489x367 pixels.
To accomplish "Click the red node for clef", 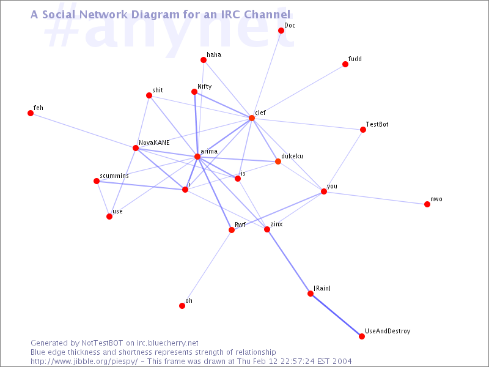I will pos(251,117).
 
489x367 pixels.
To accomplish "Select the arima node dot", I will pos(197,157).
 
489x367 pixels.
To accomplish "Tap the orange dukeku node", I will pos(278,161).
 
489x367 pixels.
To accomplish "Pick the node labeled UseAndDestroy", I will pos(361,336).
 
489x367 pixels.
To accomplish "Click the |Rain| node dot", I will pos(311,294).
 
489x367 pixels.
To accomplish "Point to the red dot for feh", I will pos(31,113).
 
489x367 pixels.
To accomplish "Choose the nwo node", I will pos(427,204).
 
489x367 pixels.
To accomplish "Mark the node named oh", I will pos(182,306).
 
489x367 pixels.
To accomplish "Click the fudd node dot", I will pos(345,64).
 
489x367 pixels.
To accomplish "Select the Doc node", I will pos(281,31).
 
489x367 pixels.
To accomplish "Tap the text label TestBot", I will pos(377,124).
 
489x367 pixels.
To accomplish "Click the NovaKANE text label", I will pos(154,143).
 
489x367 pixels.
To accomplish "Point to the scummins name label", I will pos(114,176).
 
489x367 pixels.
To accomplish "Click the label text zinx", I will pos(276,224).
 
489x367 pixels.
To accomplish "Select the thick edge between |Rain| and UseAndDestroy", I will pos(336,315).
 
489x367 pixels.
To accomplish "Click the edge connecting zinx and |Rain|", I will pos(289,261).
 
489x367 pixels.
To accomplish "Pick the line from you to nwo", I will pos(375,198).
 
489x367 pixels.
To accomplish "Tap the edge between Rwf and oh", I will pos(207,268).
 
